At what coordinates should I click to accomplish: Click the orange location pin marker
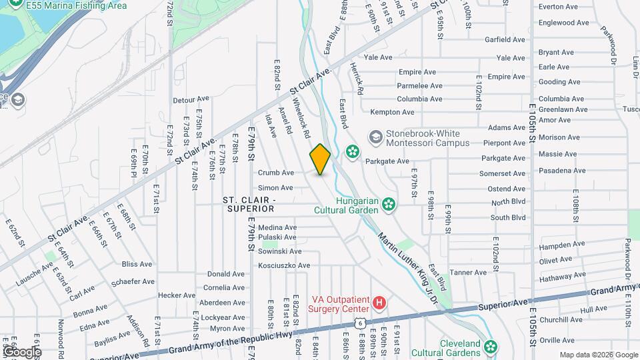point(320,159)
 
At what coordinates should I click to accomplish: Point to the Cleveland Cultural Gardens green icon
point(491,346)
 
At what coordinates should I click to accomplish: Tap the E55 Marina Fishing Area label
point(77,5)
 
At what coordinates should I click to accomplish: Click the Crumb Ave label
point(276,173)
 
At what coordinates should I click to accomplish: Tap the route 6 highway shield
point(360,322)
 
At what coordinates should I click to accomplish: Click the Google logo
point(21,352)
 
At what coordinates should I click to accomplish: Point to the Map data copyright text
point(599,355)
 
